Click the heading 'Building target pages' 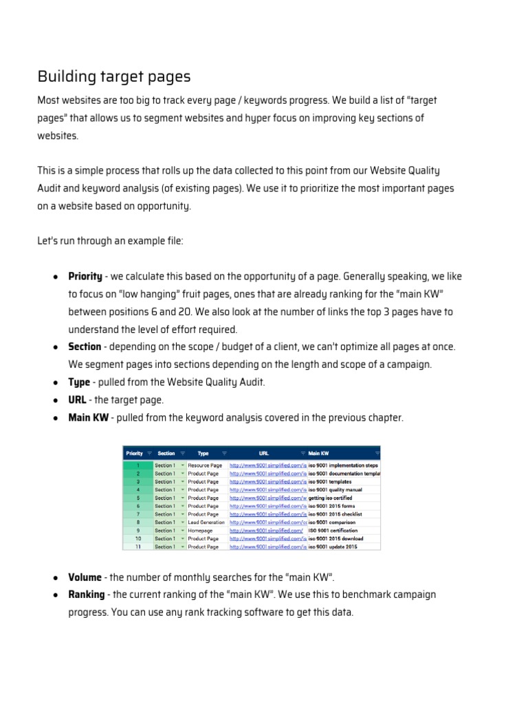pyautogui.click(x=114, y=76)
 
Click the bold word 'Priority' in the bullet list pyautogui.click(x=85, y=277)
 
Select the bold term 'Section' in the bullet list pyautogui.click(x=85, y=347)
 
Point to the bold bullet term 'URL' pyautogui.click(x=77, y=400)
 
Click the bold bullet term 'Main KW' pyautogui.click(x=88, y=418)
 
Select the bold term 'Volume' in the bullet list pyautogui.click(x=85, y=577)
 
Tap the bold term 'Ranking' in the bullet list pyautogui.click(x=87, y=595)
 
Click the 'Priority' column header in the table pyautogui.click(x=134, y=453)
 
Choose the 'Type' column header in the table pyautogui.click(x=203, y=453)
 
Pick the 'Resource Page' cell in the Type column pyautogui.click(x=205, y=465)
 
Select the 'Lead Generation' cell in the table pyautogui.click(x=206, y=522)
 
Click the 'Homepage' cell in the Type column pyautogui.click(x=201, y=531)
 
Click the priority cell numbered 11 pyautogui.click(x=137, y=547)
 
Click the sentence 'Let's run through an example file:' pyautogui.click(x=110, y=241)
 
